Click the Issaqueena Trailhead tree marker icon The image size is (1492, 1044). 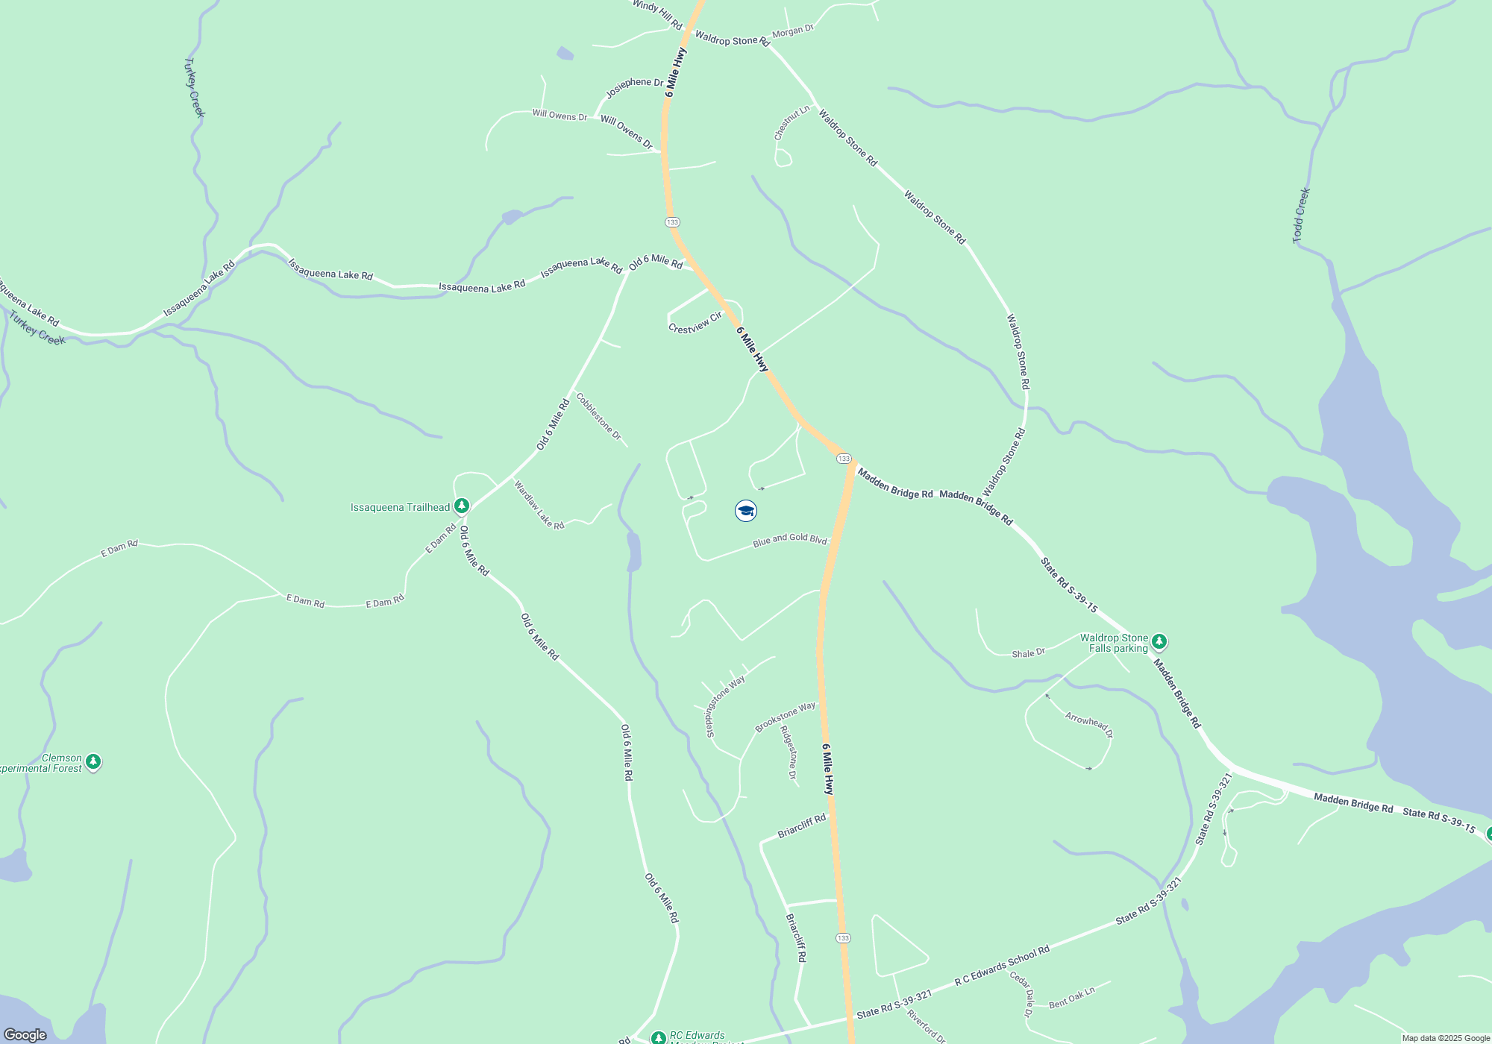462,507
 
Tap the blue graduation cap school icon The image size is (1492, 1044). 746,511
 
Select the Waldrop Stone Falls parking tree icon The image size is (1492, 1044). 1159,641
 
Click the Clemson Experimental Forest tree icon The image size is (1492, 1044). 93,761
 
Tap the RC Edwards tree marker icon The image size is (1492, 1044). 658,1037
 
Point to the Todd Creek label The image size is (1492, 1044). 1301,215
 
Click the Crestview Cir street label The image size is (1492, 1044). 695,324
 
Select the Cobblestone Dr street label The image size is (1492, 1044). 598,416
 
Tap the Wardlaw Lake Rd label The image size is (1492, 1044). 539,505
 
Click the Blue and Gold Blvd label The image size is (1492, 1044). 789,539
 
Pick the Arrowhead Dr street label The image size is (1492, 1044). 1089,724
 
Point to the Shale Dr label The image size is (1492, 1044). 1028,654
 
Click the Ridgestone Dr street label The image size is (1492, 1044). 789,752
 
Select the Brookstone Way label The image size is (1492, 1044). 785,717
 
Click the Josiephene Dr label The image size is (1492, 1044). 634,87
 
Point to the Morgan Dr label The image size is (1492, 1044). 792,31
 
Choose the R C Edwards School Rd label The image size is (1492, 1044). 1002,966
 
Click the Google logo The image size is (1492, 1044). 25,1035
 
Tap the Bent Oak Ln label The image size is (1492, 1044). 1071,998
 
